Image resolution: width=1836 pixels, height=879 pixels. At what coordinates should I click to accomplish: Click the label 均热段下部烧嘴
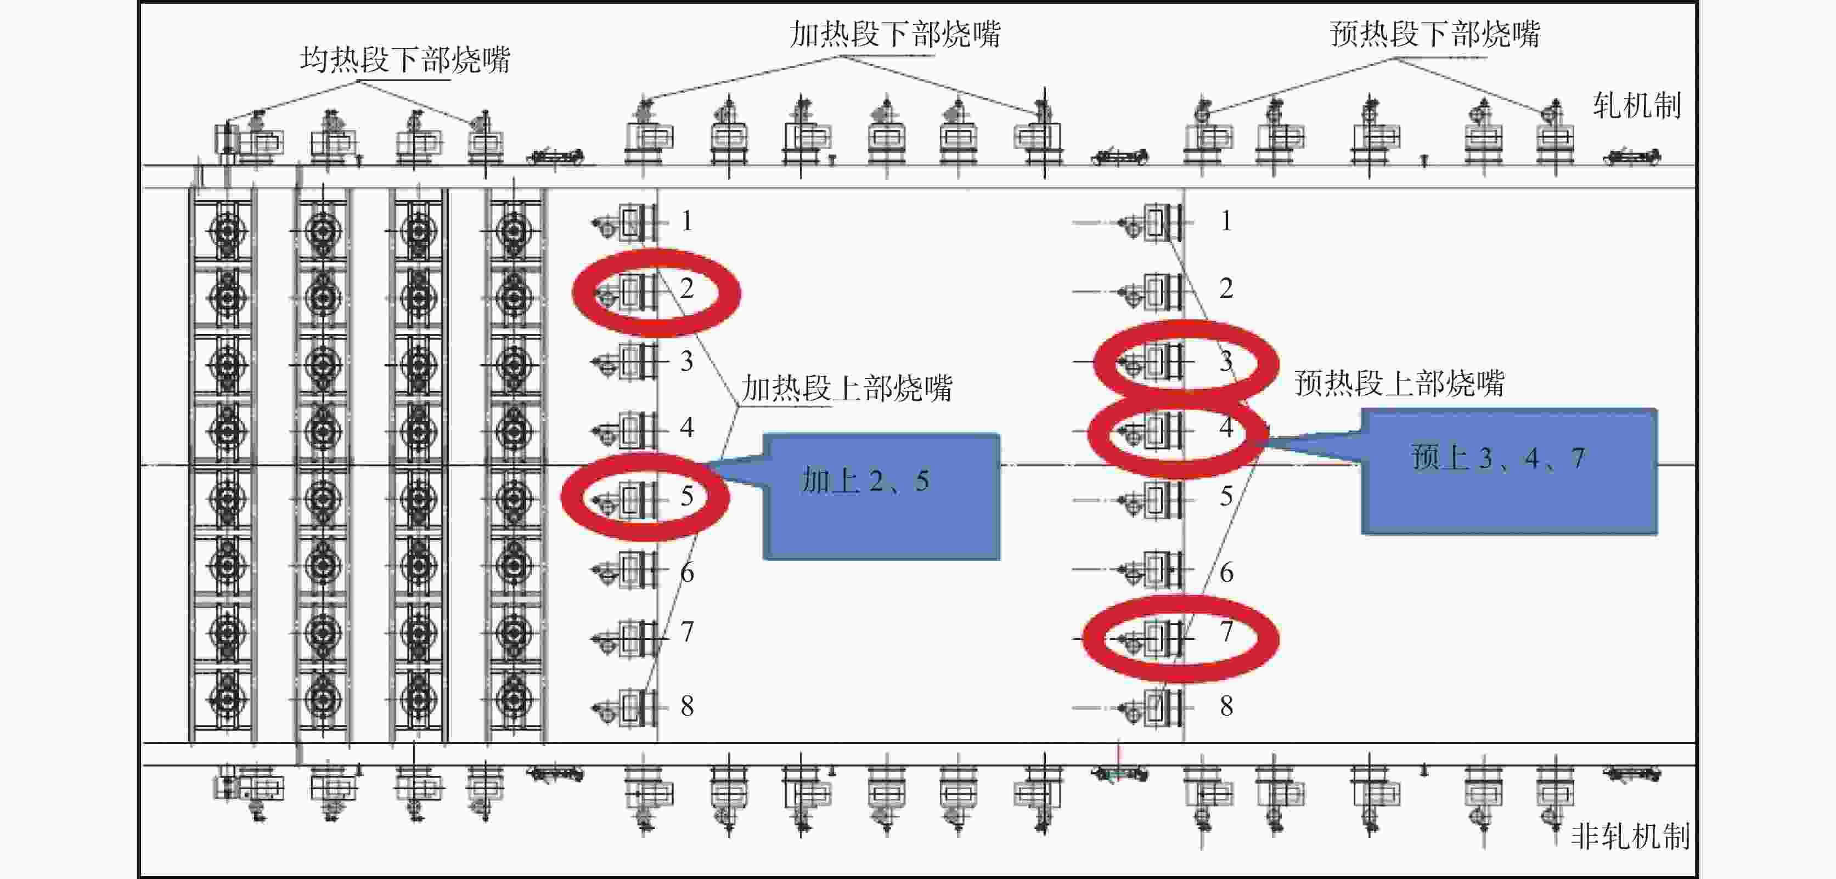tap(405, 60)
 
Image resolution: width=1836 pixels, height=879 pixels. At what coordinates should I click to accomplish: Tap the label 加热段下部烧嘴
tap(894, 34)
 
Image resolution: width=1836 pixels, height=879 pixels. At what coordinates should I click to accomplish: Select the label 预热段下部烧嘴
tap(1435, 34)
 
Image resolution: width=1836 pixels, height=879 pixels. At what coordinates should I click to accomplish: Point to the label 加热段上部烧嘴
tap(847, 389)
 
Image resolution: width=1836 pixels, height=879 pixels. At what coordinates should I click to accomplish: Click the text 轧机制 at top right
tap(1636, 106)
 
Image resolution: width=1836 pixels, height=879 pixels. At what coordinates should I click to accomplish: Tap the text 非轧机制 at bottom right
tap(1630, 836)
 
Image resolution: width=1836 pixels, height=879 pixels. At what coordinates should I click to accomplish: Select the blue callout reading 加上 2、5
tap(881, 496)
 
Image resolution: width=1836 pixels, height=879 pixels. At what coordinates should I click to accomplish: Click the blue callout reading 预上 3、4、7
tap(1509, 471)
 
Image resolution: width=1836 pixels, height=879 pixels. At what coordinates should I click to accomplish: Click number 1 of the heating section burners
tap(686, 222)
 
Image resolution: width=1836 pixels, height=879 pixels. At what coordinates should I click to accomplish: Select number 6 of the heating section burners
tap(687, 572)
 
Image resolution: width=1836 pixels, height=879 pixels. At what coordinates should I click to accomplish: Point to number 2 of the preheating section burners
tap(1226, 288)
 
